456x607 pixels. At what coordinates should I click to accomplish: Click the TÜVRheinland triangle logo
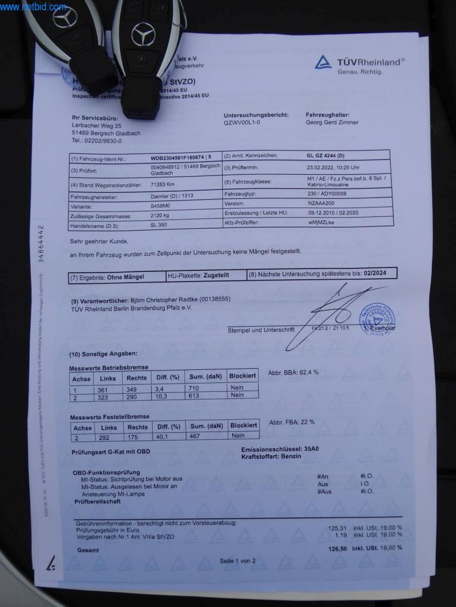pos(324,63)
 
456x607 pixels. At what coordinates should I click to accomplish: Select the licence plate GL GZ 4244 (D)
pos(327,155)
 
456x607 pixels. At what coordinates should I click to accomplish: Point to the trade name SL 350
pos(159,225)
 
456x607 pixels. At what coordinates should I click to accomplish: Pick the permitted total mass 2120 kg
pos(160,215)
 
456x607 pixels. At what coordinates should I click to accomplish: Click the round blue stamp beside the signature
pos(377,320)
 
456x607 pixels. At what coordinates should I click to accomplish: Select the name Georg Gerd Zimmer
pos(332,123)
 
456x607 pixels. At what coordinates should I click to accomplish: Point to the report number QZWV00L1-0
pos(242,123)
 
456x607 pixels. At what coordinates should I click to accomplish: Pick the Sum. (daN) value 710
pos(194,387)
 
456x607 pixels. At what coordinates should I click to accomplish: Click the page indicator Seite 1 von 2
pos(237,560)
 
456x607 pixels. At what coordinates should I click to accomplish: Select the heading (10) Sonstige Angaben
pos(103,354)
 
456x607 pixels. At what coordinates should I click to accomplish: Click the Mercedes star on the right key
pos(143,34)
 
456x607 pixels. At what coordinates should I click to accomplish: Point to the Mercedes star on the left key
pos(65,17)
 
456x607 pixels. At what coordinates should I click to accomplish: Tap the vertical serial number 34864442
pos(41,243)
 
